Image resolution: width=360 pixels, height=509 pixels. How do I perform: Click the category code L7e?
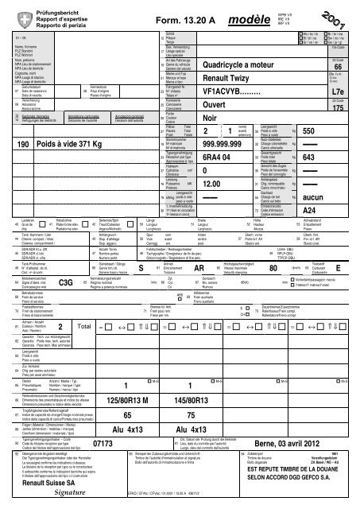[344, 93]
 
